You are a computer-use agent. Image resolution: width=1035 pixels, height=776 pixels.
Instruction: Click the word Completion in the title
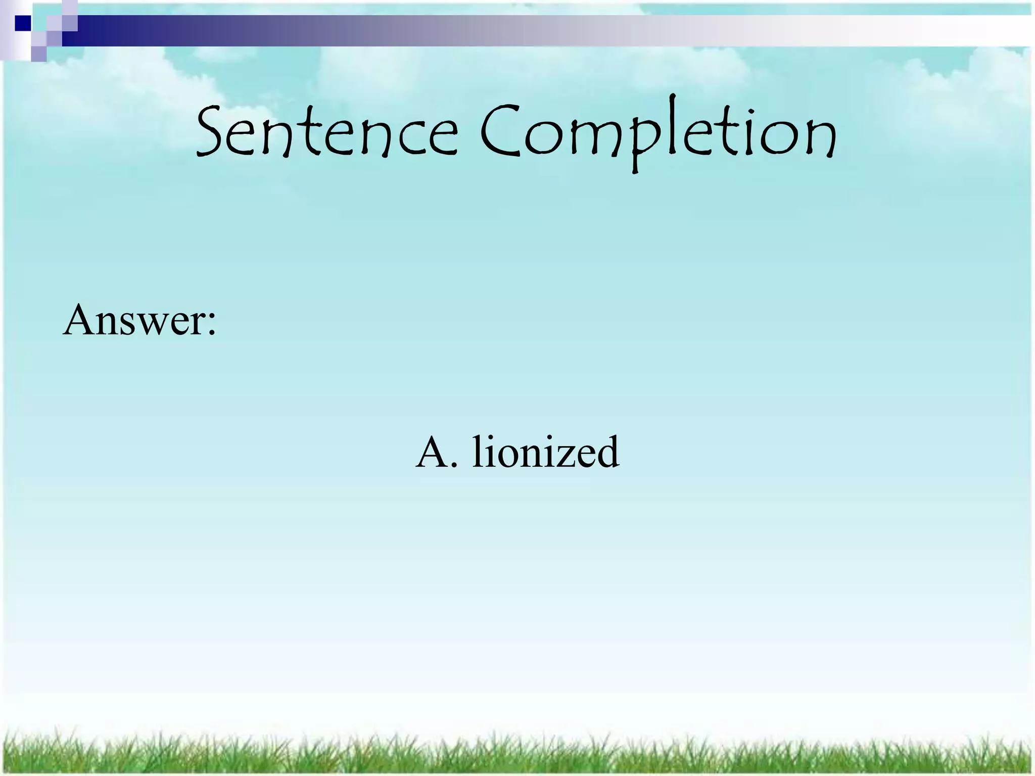click(657, 132)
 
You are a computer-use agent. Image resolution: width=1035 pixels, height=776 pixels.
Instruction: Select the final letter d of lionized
click(606, 451)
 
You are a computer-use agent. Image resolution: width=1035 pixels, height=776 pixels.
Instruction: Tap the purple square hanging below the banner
click(38, 54)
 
